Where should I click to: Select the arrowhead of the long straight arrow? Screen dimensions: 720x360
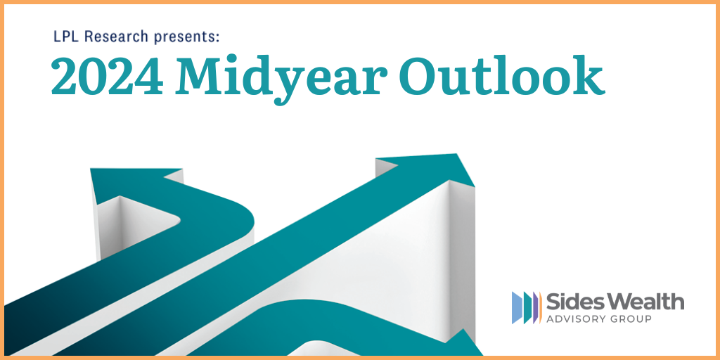pyautogui.click(x=425, y=169)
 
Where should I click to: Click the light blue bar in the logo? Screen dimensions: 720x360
pyautogui.click(x=517, y=307)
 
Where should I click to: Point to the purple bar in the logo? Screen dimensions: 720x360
pyautogui.click(x=535, y=307)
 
